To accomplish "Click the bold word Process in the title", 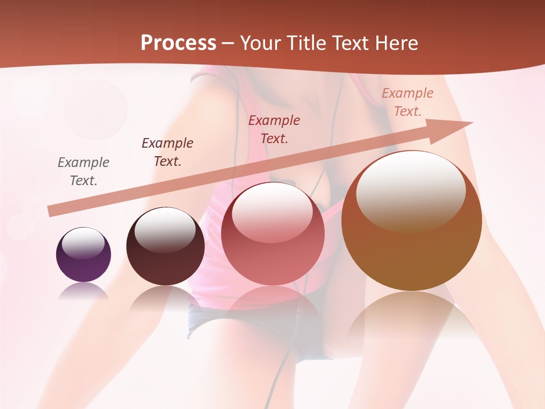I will tap(178, 43).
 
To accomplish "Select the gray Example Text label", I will tap(83, 172).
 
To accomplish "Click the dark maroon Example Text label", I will tap(167, 152).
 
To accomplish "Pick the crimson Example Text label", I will tap(274, 130).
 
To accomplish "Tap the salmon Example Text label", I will tap(407, 102).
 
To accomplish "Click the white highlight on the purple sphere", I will tap(83, 243).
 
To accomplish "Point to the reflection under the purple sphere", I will tap(83, 291).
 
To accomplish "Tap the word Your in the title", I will tap(258, 43).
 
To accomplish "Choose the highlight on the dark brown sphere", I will tap(165, 229).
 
